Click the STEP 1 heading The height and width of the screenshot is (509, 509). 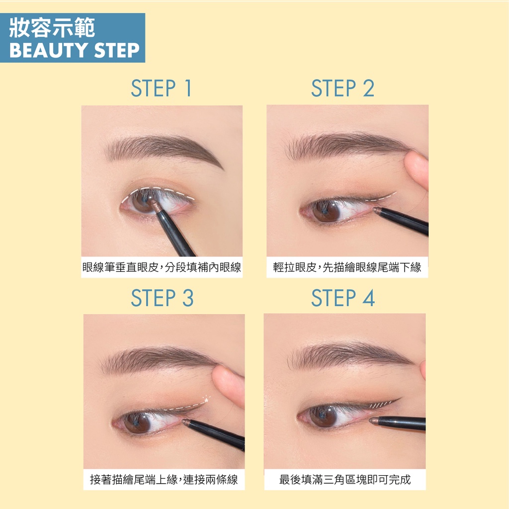click(162, 88)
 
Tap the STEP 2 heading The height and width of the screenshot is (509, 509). click(342, 88)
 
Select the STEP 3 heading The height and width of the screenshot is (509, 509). click(163, 298)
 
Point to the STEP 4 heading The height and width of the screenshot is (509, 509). click(343, 298)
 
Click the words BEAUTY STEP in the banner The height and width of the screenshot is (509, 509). click(75, 50)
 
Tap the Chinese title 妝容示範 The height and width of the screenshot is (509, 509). click(52, 28)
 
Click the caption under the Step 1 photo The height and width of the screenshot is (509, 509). click(162, 267)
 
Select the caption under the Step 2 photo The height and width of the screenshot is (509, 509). click(347, 267)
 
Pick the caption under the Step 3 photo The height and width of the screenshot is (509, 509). click(164, 479)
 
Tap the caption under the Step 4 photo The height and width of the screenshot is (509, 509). click(345, 479)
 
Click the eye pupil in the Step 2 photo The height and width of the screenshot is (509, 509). click(326, 211)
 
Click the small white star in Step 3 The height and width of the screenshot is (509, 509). click(206, 400)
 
